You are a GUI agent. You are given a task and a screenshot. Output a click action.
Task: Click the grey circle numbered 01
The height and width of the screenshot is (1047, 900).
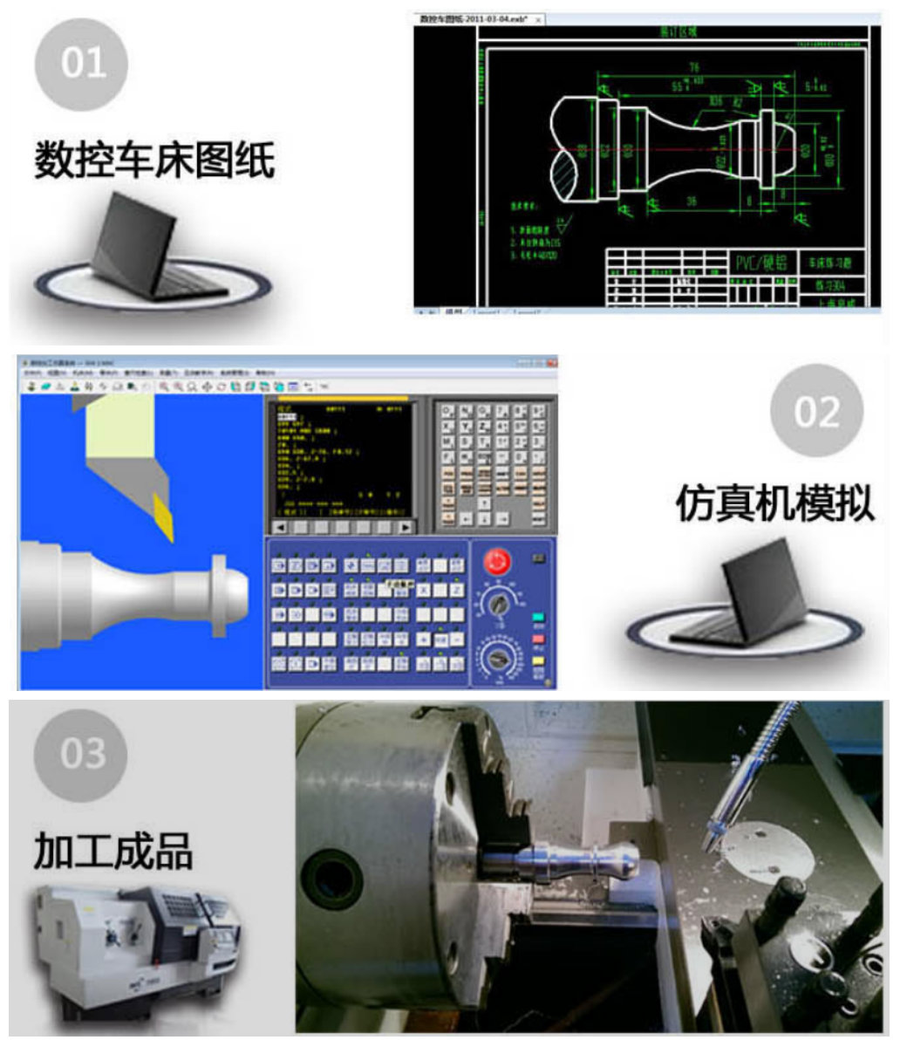(81, 64)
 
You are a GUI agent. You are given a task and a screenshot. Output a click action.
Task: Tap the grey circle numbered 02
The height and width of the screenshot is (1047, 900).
(816, 411)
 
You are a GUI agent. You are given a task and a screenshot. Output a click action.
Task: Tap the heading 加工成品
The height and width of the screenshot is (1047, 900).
(113, 850)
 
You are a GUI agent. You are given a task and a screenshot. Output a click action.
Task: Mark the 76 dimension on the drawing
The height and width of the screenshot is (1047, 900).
(695, 67)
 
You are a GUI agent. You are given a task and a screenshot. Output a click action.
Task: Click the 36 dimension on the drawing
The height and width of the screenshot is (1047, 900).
(691, 202)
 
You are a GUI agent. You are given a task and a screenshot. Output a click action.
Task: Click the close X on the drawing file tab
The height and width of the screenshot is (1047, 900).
(538, 19)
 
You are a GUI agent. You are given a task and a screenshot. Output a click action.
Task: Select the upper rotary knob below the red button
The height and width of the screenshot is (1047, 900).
(498, 602)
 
